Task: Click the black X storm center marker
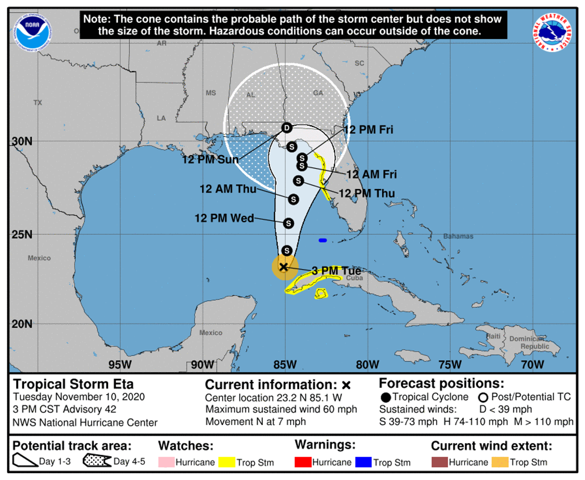pyautogui.click(x=283, y=266)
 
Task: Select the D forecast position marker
pyautogui.click(x=287, y=128)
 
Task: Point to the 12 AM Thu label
pyautogui.click(x=228, y=190)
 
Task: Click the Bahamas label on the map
pyautogui.click(x=458, y=236)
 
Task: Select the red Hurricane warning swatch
pyautogui.click(x=301, y=462)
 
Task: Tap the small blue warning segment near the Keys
pyautogui.click(x=322, y=240)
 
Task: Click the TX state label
pyautogui.click(x=38, y=103)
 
